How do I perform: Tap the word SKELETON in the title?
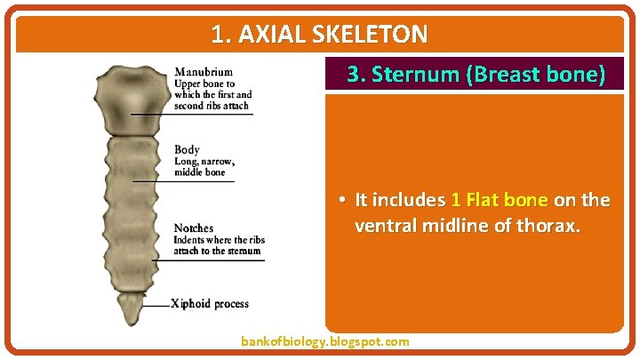pyautogui.click(x=373, y=35)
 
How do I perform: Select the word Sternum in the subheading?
pyautogui.click(x=415, y=75)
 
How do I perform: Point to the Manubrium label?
pyautogui.click(x=204, y=72)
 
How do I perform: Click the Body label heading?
pyautogui.click(x=187, y=149)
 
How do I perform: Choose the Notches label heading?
pyautogui.click(x=193, y=228)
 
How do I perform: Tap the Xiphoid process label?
pyautogui.click(x=210, y=304)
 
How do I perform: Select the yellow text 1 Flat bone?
pyautogui.click(x=499, y=200)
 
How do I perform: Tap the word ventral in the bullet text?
pyautogui.click(x=381, y=227)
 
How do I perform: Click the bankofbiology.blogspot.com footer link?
pyautogui.click(x=325, y=341)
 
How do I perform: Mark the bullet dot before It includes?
pyautogui.click(x=341, y=200)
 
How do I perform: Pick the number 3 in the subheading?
pyautogui.click(x=353, y=75)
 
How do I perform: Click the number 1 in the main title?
pyautogui.click(x=218, y=35)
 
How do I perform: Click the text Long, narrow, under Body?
pyautogui.click(x=204, y=161)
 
